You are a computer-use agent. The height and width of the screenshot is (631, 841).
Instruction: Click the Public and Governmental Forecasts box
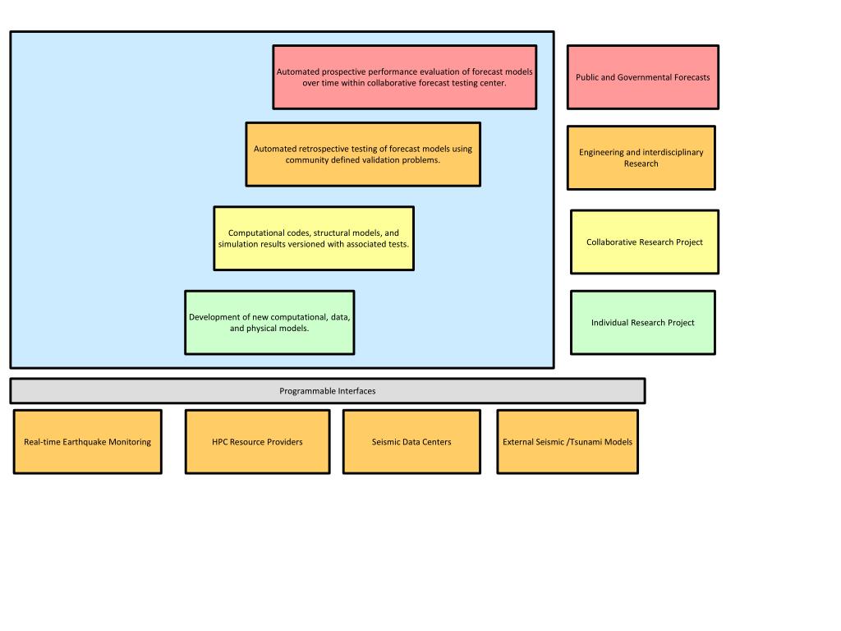pos(642,77)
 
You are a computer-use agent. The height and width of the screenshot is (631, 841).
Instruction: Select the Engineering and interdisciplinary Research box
pos(641,158)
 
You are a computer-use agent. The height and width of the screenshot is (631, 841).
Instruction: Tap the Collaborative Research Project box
pos(644,242)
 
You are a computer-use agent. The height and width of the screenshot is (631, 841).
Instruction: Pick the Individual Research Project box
pos(642,322)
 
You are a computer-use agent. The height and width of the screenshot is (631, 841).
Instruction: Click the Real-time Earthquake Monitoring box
pos(87,441)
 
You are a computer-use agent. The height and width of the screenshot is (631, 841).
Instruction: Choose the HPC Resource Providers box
pos(257,441)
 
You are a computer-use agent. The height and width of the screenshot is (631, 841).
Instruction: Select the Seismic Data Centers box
pos(411,441)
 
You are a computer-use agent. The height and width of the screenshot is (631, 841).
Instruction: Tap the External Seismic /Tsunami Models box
pos(568,441)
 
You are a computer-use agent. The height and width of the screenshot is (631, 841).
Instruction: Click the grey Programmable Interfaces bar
pos(327,390)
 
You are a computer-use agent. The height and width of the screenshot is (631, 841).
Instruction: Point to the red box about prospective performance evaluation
pos(404,77)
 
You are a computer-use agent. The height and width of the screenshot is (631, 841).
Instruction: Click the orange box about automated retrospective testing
pos(363,154)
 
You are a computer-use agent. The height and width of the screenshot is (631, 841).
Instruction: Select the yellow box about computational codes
pos(314,238)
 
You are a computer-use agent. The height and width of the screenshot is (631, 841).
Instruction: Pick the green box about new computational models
pos(269,322)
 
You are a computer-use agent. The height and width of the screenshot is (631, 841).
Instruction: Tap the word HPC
pos(220,442)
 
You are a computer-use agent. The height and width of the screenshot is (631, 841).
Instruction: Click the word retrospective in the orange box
pos(324,150)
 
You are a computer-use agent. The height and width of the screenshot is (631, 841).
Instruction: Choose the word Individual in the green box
pos(609,322)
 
